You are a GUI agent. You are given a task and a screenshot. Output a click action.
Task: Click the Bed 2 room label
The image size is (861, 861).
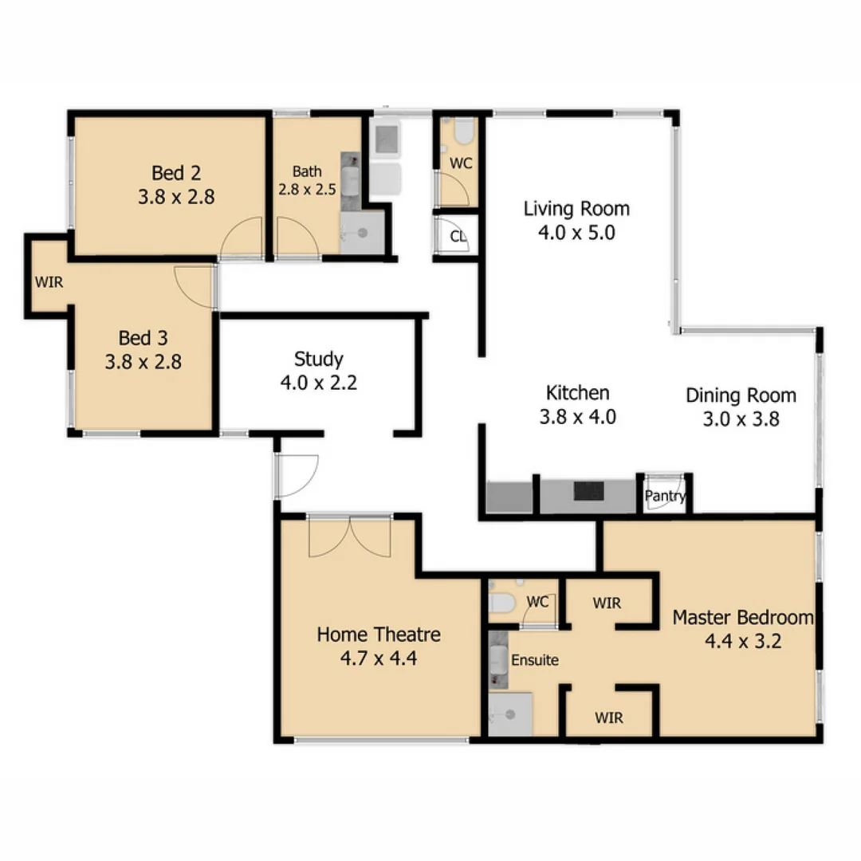coord(175,172)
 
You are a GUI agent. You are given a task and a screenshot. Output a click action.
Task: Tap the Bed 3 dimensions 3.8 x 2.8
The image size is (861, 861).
coord(143,362)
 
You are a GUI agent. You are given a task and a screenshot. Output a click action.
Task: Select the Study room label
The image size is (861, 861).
coord(318,358)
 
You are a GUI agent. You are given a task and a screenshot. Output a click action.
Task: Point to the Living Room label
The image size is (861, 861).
coord(576,209)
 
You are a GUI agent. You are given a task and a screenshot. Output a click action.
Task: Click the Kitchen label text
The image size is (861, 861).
coord(578,392)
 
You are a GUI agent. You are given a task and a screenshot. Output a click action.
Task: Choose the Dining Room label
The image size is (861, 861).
coord(741,395)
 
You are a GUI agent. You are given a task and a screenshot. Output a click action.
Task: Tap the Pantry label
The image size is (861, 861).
coord(665,496)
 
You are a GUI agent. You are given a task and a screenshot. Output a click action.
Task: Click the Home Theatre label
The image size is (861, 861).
coord(379,635)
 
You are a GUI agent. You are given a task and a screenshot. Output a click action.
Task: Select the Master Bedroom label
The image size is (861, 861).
coord(742,617)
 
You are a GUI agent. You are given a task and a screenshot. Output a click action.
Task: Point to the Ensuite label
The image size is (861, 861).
coord(534,660)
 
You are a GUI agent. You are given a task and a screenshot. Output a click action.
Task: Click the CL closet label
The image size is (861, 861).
coord(458,237)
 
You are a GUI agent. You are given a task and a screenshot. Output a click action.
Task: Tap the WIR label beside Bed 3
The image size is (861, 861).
coord(48,281)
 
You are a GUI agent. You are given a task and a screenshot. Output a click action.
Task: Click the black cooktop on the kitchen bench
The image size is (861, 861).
coord(589,491)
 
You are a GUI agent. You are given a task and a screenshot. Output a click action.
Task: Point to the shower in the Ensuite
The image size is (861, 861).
coord(509,714)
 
